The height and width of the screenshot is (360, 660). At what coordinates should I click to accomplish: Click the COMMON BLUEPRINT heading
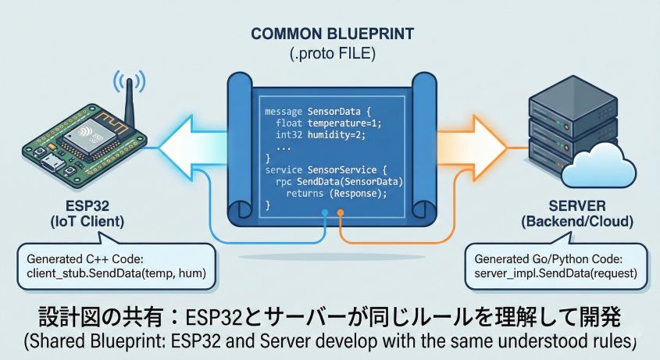click(331, 35)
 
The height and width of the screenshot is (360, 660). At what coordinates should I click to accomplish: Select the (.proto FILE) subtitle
click(331, 55)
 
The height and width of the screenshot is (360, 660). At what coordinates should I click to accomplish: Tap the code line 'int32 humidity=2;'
click(317, 135)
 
